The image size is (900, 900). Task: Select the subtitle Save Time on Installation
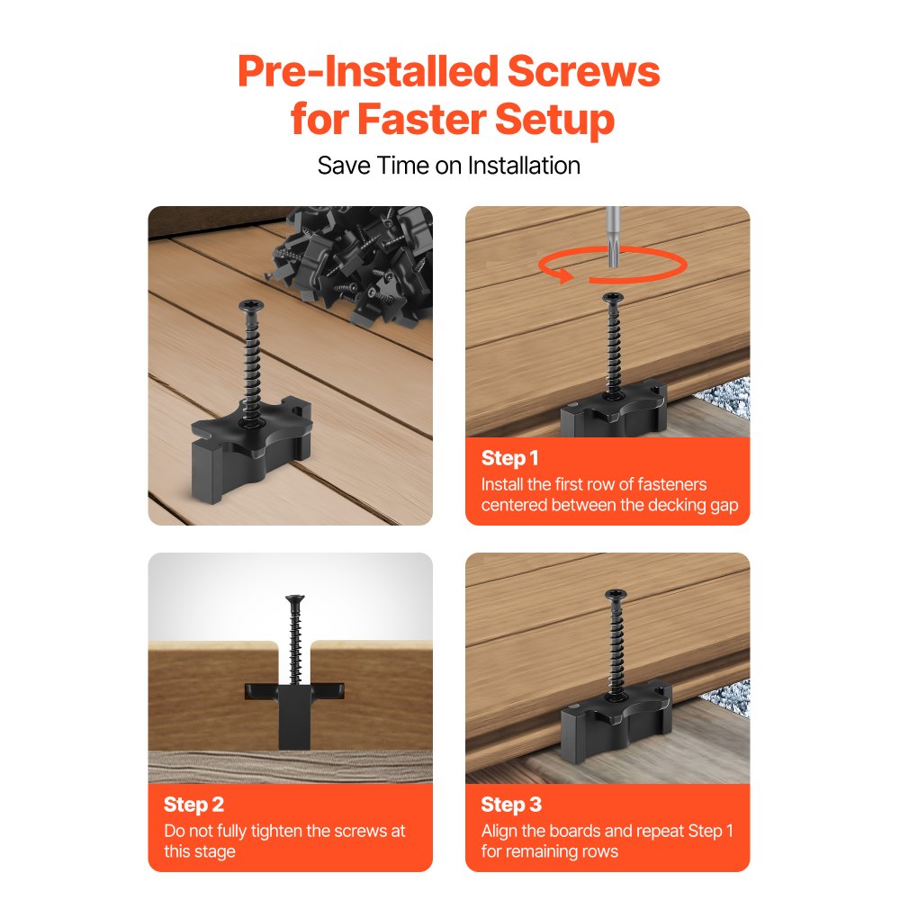point(449,166)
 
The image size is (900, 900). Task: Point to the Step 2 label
point(194,804)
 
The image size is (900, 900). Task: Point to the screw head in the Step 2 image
point(293,599)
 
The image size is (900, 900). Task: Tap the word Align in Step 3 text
point(499,831)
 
